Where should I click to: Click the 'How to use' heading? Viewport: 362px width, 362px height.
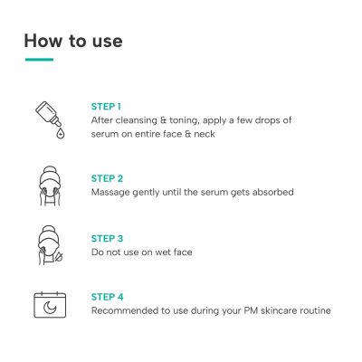coord(73,41)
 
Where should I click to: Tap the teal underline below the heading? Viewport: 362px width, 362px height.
coord(39,60)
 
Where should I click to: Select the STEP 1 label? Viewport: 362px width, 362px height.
coord(106,107)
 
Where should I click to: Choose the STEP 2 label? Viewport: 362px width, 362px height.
coord(107,178)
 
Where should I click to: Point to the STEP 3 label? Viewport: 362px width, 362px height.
coord(107,238)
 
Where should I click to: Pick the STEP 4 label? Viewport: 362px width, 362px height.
coord(108,297)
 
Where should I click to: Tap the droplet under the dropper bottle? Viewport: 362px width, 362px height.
coord(61,133)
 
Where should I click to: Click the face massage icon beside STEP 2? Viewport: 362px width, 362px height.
coord(50,186)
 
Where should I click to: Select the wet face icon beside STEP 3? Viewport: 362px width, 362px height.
coord(50,245)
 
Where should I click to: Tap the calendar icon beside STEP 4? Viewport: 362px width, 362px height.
coord(50,305)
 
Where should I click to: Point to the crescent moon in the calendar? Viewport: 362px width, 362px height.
coord(50,308)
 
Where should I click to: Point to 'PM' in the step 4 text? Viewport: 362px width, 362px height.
coord(251,310)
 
